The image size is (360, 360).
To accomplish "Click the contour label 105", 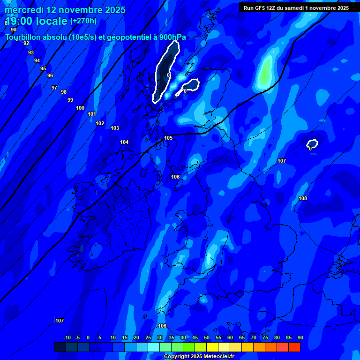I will pyautogui.click(x=168, y=138).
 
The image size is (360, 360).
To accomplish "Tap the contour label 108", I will pyautogui.click(x=303, y=198).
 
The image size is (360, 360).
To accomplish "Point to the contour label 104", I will pyautogui.click(x=124, y=142).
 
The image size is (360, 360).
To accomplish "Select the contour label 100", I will pyautogui.click(x=80, y=108).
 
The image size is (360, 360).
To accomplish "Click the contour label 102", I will pyautogui.click(x=100, y=123).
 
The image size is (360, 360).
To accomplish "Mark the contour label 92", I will pyautogui.click(x=26, y=43).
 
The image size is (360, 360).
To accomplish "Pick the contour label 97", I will pyautogui.click(x=54, y=88).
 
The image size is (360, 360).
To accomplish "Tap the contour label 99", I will pyautogui.click(x=70, y=100).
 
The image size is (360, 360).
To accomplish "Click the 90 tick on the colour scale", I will pyautogui.click(x=300, y=337).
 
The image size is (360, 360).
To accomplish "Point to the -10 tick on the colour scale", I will pyautogui.click(x=67, y=337).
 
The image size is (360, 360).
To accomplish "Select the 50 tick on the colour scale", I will pyautogui.click(x=207, y=337).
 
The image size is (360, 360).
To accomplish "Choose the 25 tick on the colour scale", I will pyautogui.click(x=148, y=337).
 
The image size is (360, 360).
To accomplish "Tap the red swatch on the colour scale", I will pyautogui.click(x=294, y=347).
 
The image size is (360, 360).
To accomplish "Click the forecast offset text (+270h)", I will pyautogui.click(x=83, y=21).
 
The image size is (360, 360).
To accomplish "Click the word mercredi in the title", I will pyautogui.click(x=24, y=10).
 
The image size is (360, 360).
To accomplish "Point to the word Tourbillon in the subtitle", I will pyautogui.click(x=23, y=37).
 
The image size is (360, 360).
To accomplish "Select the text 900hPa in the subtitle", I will pyautogui.click(x=172, y=37).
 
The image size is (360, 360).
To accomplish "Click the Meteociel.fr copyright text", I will pyautogui.click(x=199, y=356).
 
